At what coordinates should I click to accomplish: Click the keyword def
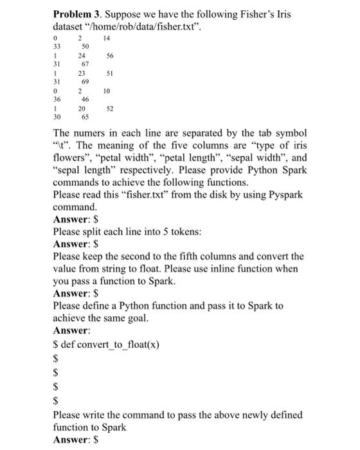[x=69, y=345]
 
